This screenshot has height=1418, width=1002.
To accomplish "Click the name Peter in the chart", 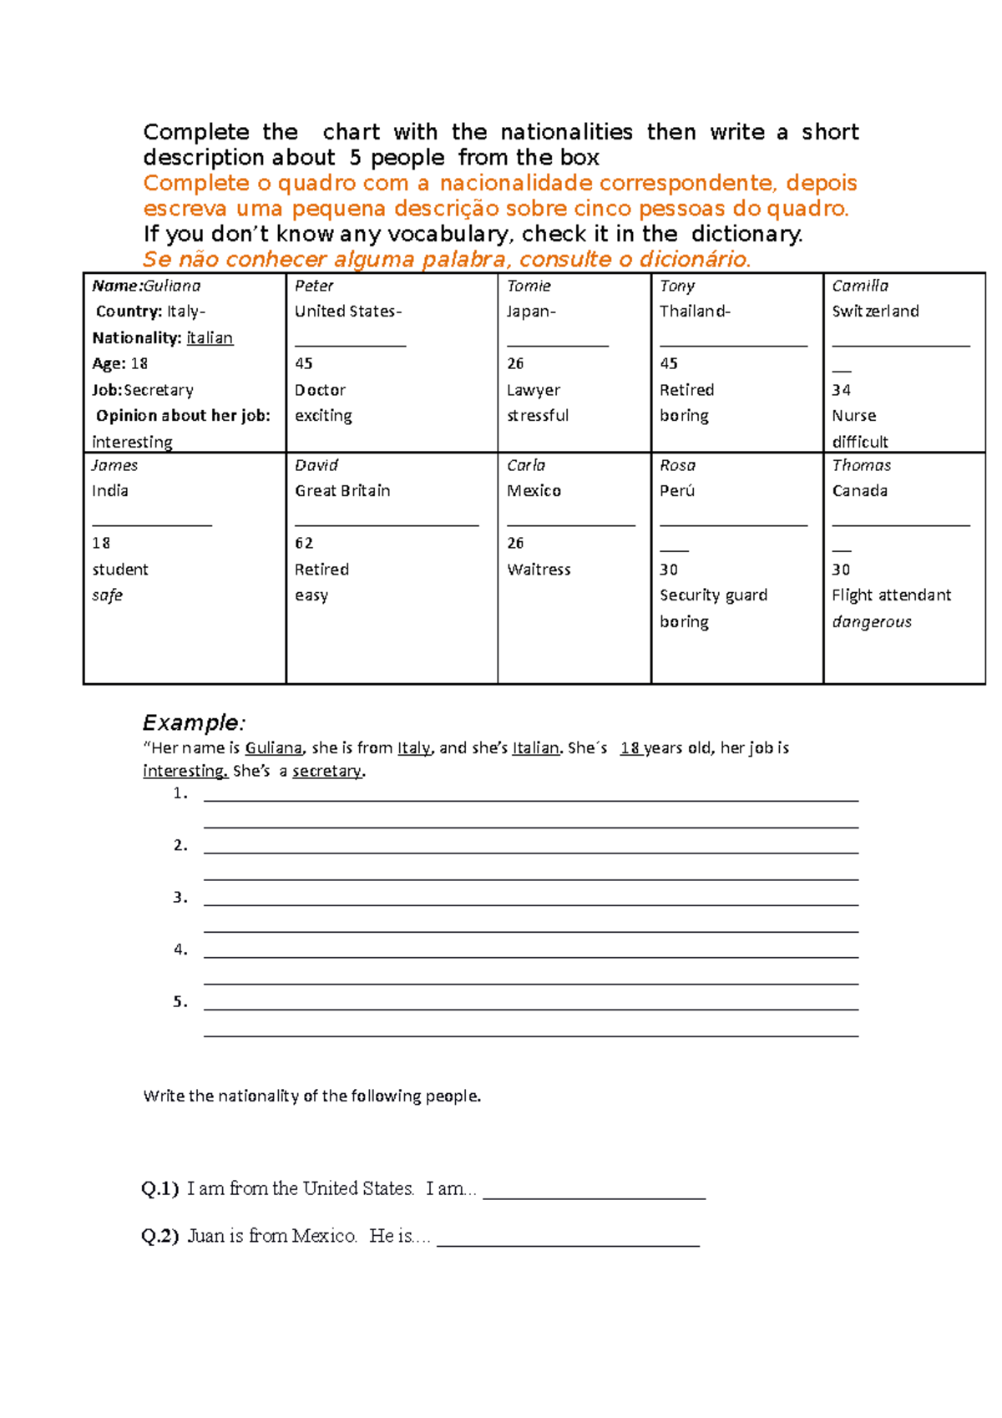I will point(314,286).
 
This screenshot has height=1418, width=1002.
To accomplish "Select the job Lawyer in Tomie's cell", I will point(534,390).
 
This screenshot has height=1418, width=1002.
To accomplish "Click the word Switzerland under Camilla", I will point(875,311).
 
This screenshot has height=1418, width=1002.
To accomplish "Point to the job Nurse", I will point(853,416).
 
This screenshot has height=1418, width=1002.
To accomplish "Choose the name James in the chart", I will point(114,465).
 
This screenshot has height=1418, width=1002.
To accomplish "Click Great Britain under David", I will point(342,491).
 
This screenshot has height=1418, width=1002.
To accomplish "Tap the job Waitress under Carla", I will point(539,570).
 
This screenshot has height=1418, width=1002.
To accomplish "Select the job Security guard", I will point(713,595).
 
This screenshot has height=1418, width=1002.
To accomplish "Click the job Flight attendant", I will point(891,595).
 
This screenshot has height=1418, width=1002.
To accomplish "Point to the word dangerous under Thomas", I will point(872,622).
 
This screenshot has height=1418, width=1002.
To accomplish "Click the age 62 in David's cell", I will point(304,544).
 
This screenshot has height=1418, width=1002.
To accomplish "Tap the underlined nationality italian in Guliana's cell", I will point(210,338).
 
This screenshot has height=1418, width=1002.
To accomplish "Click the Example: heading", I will point(194,722).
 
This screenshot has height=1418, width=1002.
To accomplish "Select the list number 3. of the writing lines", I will point(180,898).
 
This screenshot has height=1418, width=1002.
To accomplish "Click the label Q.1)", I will point(160,1188).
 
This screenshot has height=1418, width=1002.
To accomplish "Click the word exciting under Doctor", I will point(323,416).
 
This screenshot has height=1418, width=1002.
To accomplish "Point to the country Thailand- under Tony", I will point(695,311).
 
